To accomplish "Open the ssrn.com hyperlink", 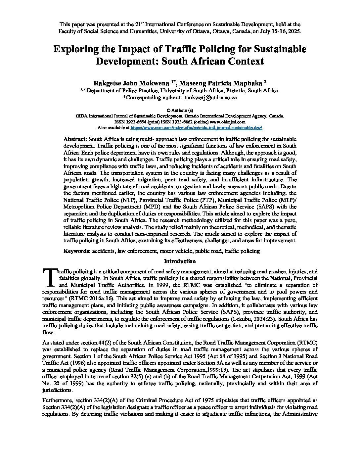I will point(197,127).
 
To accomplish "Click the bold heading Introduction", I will point(180,261).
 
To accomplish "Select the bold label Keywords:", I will point(77,251).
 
